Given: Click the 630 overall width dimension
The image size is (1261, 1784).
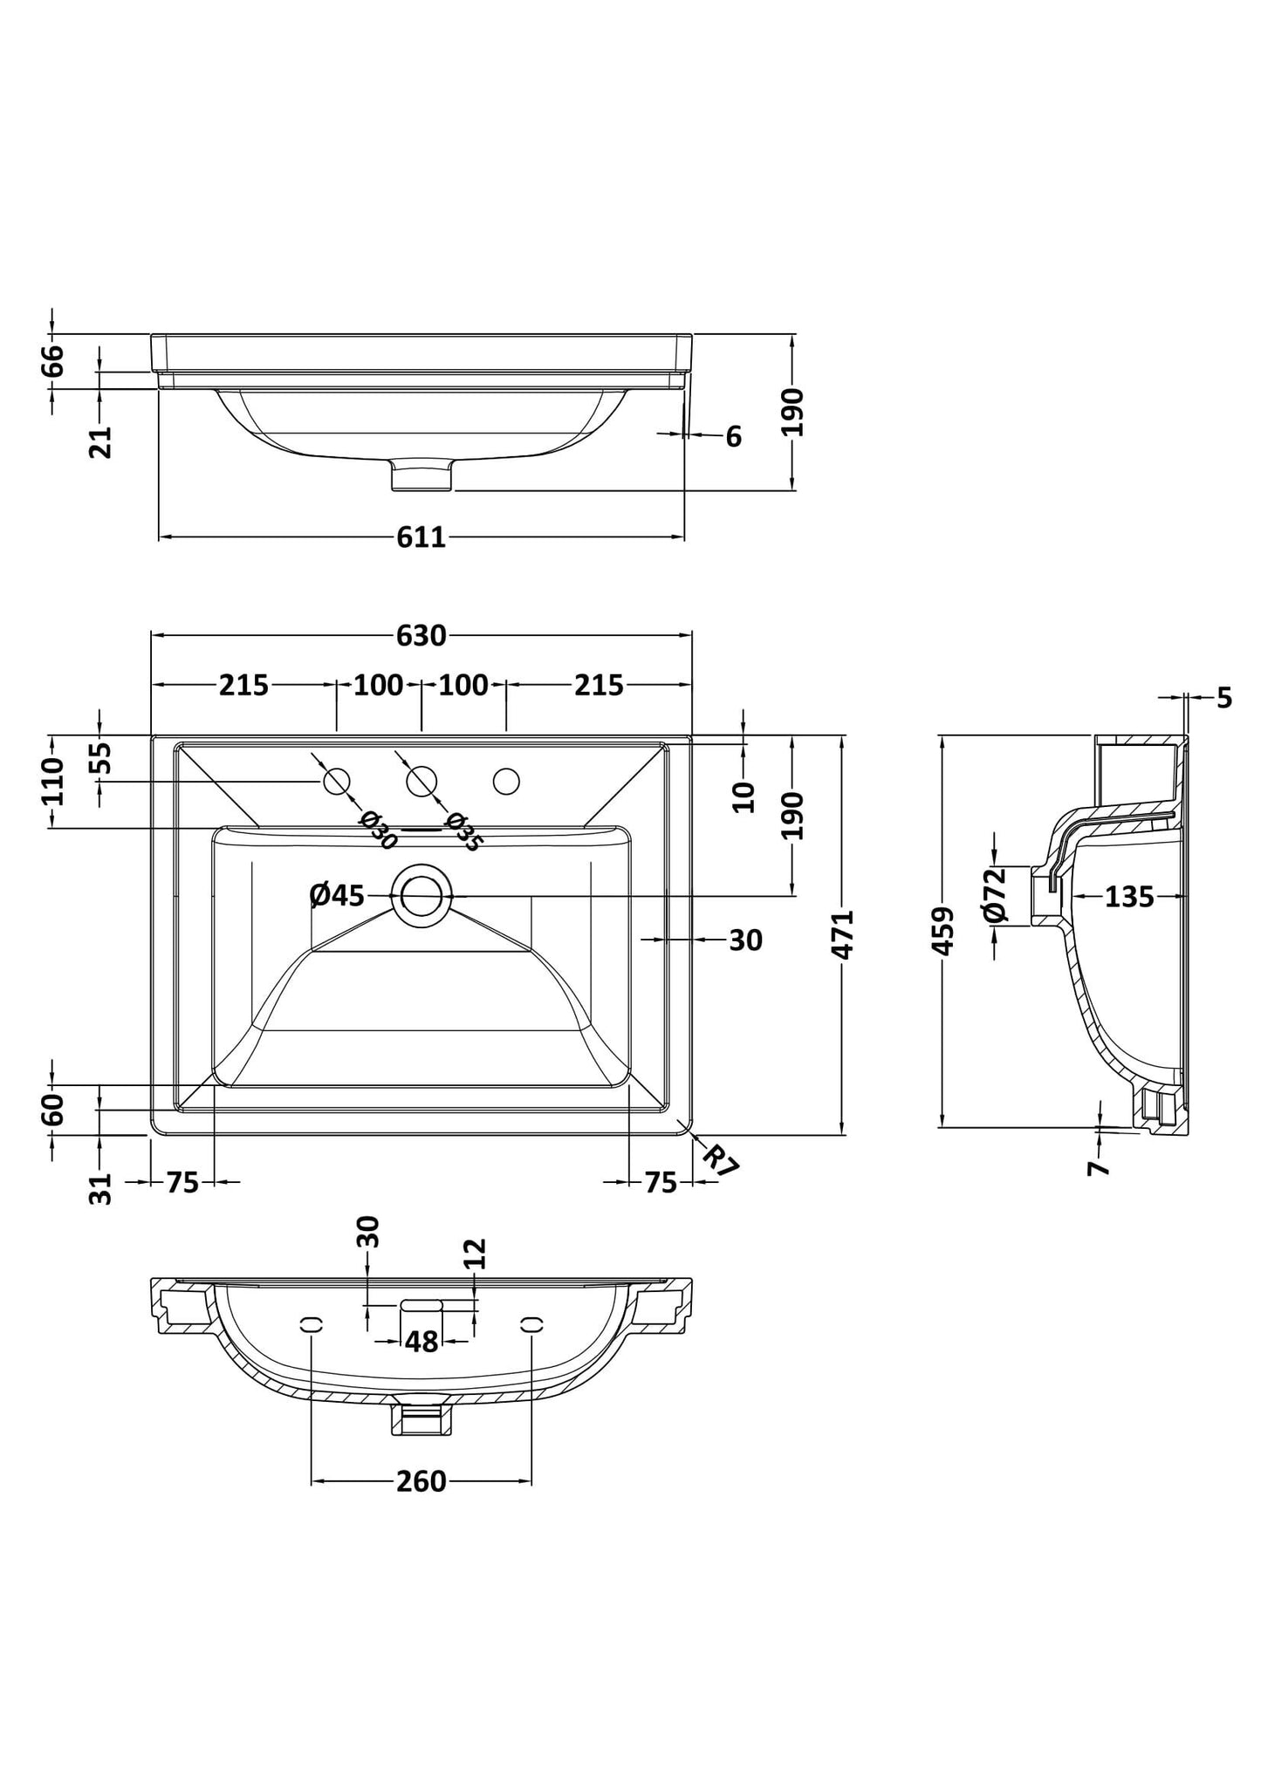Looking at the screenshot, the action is point(421,636).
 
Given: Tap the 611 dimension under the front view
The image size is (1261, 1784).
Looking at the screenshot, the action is point(421,537).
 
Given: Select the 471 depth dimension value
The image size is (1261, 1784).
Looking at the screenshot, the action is point(843,934).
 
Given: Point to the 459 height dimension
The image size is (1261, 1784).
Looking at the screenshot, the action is point(943,932).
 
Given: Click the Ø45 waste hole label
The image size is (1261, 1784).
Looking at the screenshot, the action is point(338,895).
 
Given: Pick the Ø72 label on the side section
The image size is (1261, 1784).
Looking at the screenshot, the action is point(995,895).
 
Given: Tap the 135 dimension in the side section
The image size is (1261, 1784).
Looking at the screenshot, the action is point(1129,896).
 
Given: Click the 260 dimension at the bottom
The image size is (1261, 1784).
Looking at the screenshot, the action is point(421,1481).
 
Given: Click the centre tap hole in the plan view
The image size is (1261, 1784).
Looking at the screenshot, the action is point(421,781).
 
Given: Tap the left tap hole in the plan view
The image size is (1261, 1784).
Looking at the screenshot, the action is point(337,782).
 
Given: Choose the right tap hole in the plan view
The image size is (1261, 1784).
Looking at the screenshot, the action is point(506,782).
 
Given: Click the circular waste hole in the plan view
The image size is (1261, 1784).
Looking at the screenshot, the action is point(421,895).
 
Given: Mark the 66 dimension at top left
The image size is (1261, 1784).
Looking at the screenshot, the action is point(53,360).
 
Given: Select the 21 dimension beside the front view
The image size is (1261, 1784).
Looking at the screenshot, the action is point(102,442).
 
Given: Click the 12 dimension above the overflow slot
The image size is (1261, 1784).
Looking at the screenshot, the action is point(475,1254).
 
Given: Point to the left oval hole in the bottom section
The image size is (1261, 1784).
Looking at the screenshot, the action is point(307,1348).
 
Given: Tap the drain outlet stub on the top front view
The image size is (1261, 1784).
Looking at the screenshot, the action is point(422,474).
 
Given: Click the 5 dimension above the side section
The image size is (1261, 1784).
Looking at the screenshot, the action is point(1224,698).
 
